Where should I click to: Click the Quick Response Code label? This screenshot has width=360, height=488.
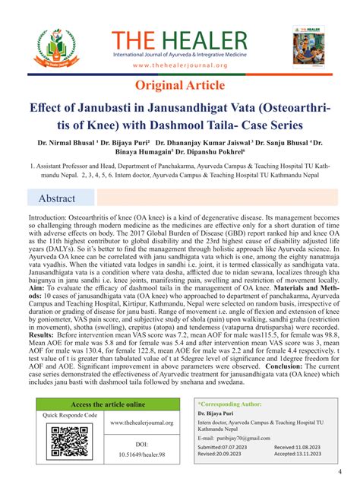point(71,416)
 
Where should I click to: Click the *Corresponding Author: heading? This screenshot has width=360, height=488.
point(230,406)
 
